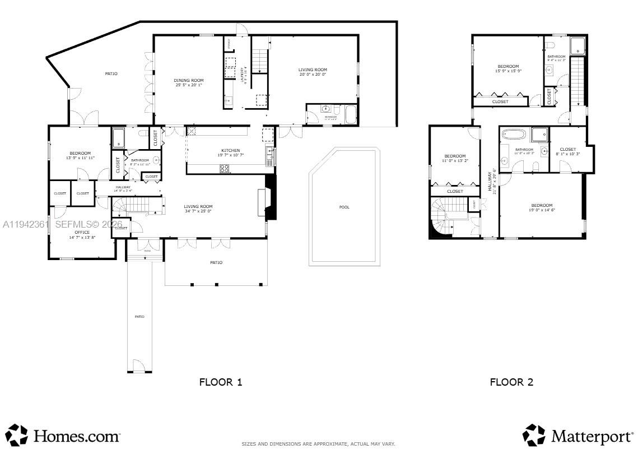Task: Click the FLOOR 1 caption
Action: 221,382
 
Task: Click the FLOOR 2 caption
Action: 511,382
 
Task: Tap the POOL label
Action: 344,207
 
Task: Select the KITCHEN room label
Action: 230,150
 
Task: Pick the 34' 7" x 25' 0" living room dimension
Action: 198,211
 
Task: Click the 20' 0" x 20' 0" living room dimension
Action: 313,75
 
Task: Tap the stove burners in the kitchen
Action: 224,168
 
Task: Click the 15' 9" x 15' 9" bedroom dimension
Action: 508,71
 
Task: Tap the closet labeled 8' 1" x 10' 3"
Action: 567,154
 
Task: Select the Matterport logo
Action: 578,436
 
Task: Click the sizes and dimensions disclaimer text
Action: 318,444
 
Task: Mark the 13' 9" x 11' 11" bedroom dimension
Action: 80,158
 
